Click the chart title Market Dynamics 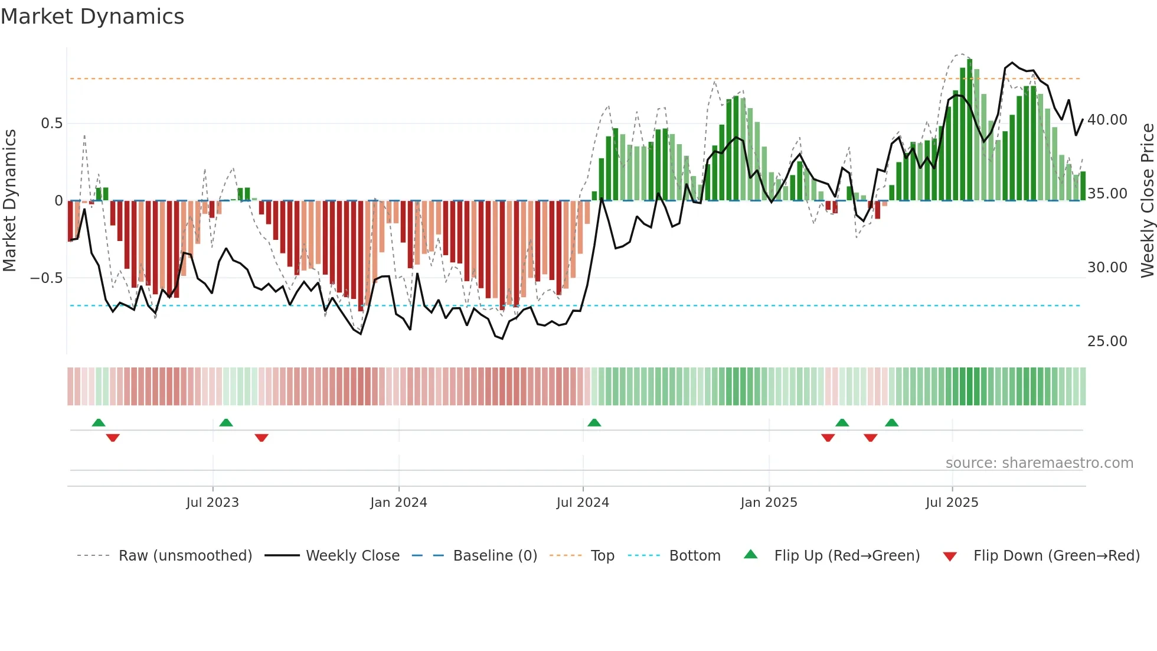click(92, 17)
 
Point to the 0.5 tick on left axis click(51, 123)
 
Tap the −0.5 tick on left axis click(47, 278)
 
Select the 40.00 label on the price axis click(1107, 120)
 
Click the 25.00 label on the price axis click(1107, 341)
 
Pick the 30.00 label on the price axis click(1107, 268)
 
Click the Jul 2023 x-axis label click(213, 503)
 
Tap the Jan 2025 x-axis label click(769, 503)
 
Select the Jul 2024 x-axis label click(583, 503)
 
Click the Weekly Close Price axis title click(1147, 201)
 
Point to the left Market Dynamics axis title click(9, 201)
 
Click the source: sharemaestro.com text click(1039, 463)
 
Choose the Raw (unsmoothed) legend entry click(185, 556)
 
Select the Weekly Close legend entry click(352, 556)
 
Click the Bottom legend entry click(694, 556)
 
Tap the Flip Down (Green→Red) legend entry click(1056, 556)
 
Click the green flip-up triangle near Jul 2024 click(594, 423)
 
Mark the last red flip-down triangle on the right click(870, 438)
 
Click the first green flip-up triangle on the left click(99, 423)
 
